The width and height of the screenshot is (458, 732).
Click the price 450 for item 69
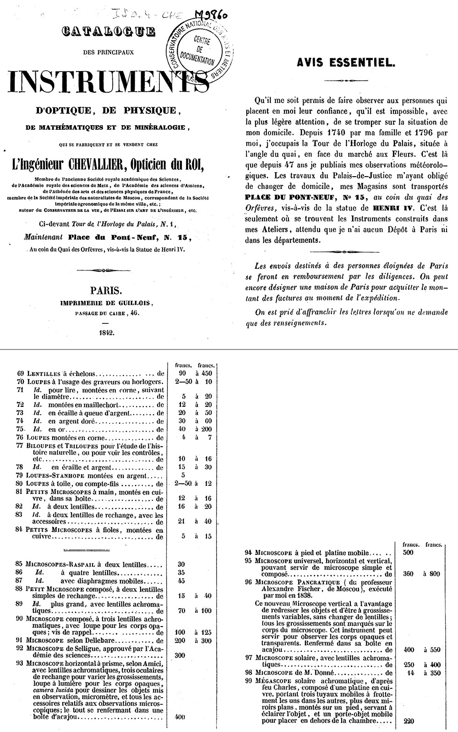click(x=207, y=373)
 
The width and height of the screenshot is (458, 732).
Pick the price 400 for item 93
click(x=180, y=716)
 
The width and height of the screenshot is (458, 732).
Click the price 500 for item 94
click(x=408, y=552)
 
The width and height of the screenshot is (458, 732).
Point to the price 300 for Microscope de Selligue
click(x=180, y=655)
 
